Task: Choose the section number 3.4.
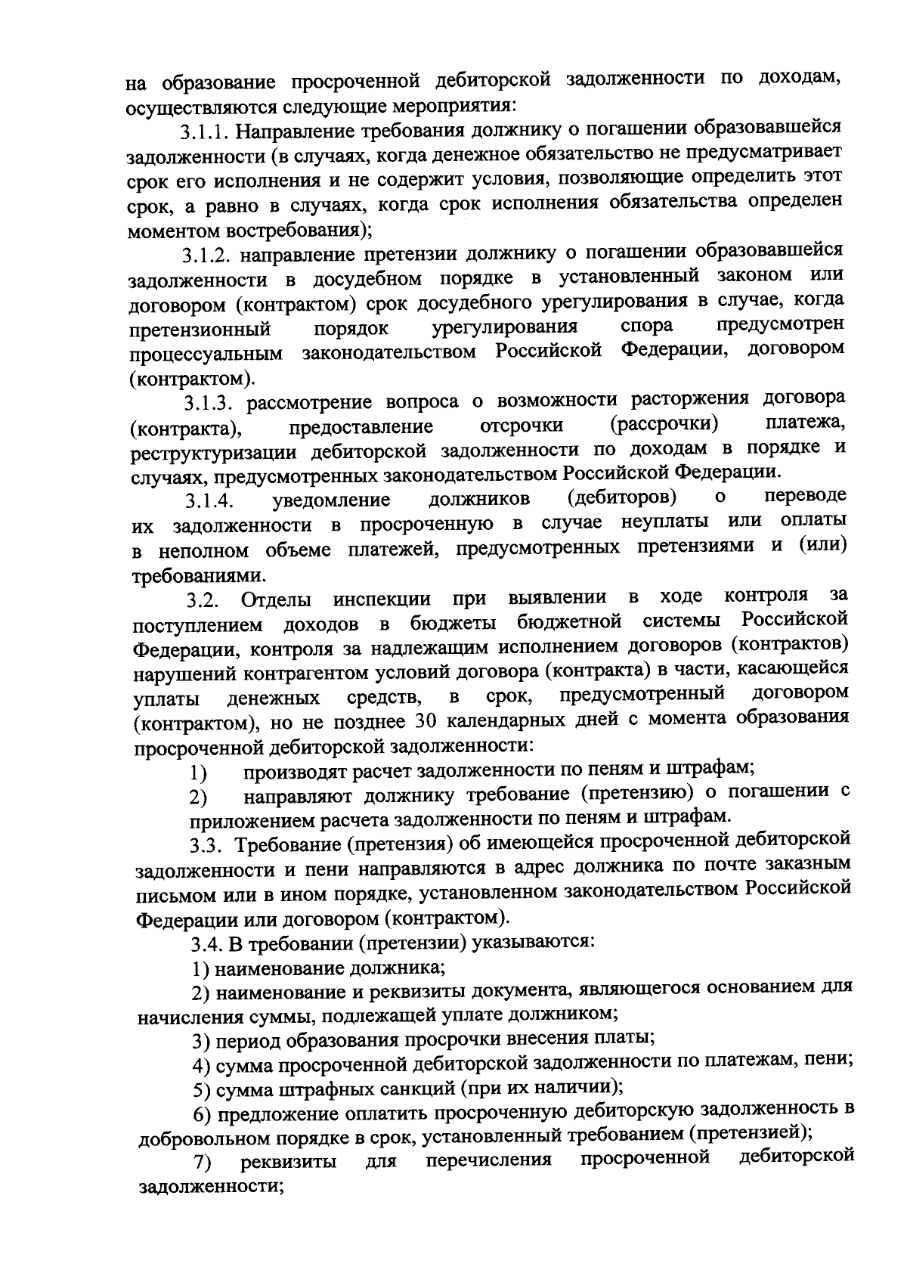[206, 944]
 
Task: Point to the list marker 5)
[200, 1089]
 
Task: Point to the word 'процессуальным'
[206, 354]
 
